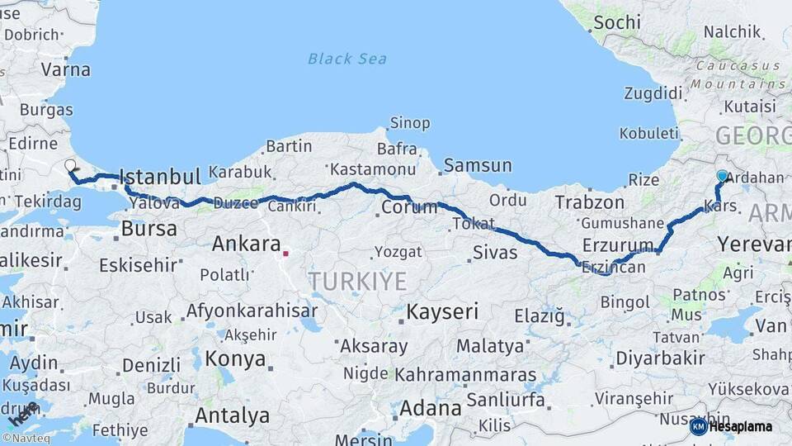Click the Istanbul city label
[160, 177]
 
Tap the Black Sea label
[346, 59]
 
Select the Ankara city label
[247, 244]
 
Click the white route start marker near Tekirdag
[70, 165]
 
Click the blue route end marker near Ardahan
[723, 176]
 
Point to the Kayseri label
[441, 311]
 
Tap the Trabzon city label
[589, 202]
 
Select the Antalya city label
[233, 415]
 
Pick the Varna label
[65, 69]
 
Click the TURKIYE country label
[358, 282]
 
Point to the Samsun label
[478, 165]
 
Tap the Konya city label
[235, 359]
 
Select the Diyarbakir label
[660, 358]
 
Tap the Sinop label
[409, 123]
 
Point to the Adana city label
[430, 408]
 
